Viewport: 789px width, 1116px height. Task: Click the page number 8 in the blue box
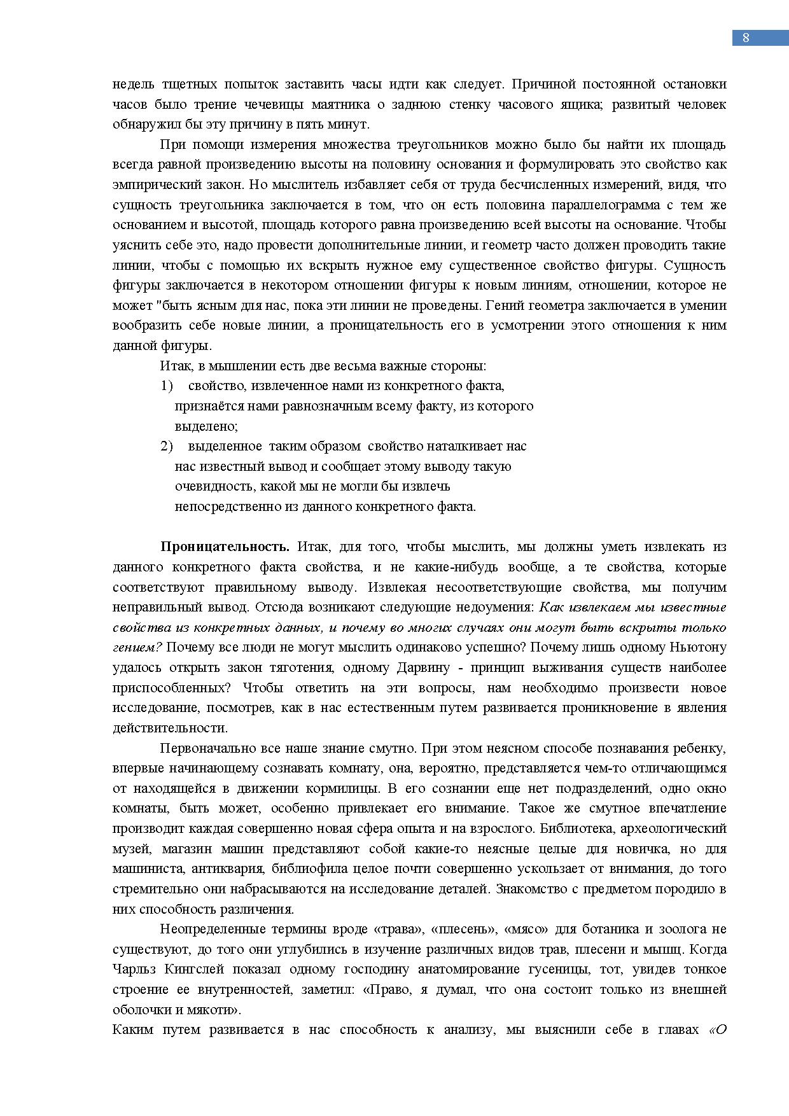(746, 38)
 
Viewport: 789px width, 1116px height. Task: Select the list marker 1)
(166, 386)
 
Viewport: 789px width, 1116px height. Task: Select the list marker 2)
(166, 446)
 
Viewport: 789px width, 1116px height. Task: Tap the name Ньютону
(699, 647)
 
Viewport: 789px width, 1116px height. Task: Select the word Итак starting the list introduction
(176, 366)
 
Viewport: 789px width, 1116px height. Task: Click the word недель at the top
(133, 84)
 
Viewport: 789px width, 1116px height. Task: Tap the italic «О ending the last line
(718, 1029)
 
